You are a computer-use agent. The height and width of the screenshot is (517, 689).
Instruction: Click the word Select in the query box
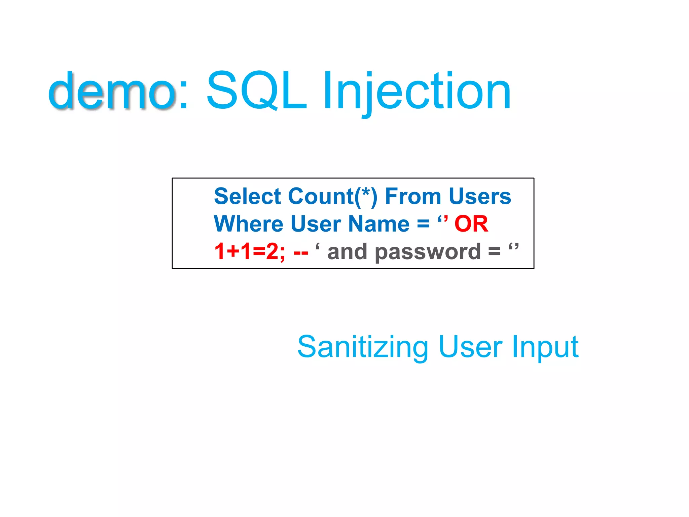(247, 197)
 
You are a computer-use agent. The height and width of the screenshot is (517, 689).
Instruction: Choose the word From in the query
(412, 197)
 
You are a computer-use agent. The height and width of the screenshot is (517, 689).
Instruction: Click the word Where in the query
(249, 224)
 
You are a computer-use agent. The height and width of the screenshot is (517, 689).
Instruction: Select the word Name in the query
(379, 224)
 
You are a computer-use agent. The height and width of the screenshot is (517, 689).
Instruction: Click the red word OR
(471, 224)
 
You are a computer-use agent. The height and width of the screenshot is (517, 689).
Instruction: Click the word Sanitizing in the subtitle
(363, 347)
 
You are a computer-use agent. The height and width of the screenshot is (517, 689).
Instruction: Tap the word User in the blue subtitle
(470, 347)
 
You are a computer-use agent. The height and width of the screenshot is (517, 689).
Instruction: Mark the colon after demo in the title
(184, 98)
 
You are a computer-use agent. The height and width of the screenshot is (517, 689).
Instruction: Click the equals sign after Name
(423, 225)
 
